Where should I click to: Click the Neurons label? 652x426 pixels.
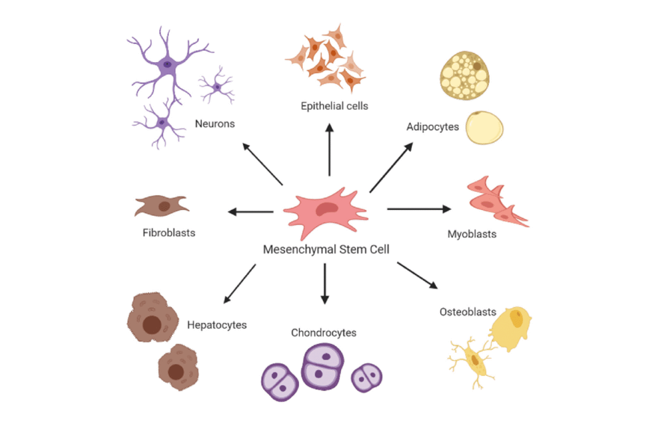tap(214, 124)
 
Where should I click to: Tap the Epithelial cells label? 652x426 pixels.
tap(334, 106)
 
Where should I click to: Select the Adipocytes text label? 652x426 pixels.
tap(433, 127)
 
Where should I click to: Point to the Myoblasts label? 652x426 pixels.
tap(471, 234)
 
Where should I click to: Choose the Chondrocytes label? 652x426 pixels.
tap(324, 332)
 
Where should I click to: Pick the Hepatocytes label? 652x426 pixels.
tap(217, 325)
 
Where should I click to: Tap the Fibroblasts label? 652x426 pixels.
tap(169, 232)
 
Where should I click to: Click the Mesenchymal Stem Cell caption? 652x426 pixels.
tap(325, 249)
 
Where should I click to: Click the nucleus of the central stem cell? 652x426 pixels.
tap(329, 208)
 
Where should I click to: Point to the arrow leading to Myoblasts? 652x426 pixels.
tap(418, 209)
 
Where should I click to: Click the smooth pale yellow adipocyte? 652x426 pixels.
tap(484, 127)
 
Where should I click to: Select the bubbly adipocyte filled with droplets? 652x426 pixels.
tap(464, 75)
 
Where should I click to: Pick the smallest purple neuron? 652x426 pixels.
tap(217, 88)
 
